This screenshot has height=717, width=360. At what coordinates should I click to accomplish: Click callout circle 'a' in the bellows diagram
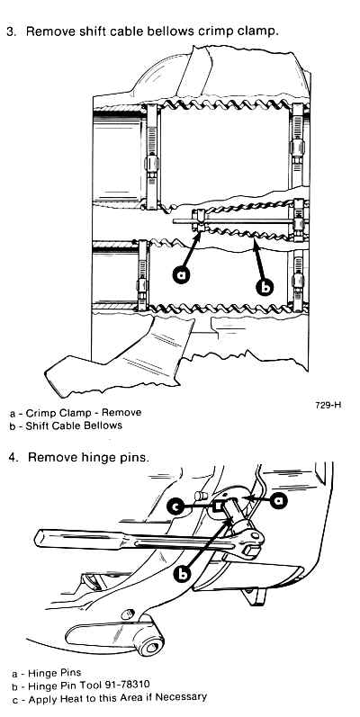point(182,274)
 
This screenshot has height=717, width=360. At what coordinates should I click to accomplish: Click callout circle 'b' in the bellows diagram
point(264,287)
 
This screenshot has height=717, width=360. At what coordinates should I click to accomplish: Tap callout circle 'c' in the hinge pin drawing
point(175,506)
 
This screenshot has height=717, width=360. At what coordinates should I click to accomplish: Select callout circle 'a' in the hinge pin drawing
point(279,501)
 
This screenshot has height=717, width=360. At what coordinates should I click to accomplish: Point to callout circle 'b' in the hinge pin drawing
point(183,573)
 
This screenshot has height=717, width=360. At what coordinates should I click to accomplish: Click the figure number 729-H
point(328,405)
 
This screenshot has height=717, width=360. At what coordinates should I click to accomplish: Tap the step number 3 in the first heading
point(10,31)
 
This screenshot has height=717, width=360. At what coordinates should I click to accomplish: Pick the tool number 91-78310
point(123,685)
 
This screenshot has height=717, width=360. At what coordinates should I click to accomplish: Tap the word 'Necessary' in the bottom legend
point(184,698)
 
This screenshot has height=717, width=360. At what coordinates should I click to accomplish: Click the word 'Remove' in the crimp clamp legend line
point(121,412)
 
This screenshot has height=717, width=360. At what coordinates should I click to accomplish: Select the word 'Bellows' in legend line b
point(103,426)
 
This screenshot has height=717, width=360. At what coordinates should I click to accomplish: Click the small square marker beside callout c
point(219,506)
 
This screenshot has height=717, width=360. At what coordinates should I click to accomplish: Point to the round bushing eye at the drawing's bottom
point(152,646)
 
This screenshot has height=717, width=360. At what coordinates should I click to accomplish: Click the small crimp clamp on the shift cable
point(197,221)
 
